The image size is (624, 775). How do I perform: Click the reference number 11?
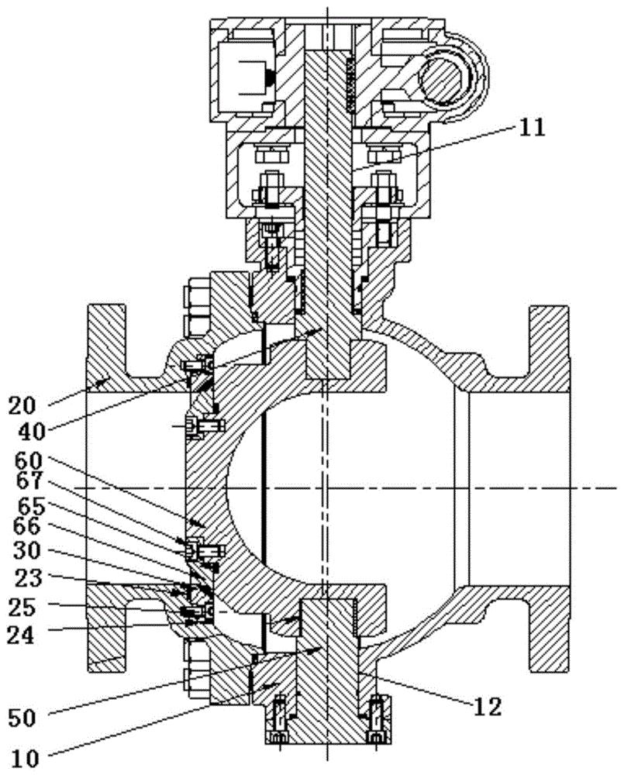click(x=531, y=128)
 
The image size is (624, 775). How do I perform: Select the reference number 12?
click(x=488, y=707)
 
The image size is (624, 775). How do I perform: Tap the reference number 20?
click(x=22, y=406)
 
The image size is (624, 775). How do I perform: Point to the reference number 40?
click(x=32, y=432)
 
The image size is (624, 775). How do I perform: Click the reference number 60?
click(x=29, y=461)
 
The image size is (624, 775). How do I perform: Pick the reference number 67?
click(x=29, y=481)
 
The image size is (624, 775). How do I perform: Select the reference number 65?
click(x=32, y=507)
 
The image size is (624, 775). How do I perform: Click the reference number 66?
click(x=26, y=527)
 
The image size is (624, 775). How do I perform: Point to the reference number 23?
click(x=28, y=578)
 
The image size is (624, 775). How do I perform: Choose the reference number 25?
click(x=22, y=607)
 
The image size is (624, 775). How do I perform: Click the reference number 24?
click(x=21, y=635)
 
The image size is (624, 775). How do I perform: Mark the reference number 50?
click(x=22, y=718)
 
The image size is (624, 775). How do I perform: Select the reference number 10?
click(x=24, y=758)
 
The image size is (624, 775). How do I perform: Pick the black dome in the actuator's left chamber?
click(x=271, y=77)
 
